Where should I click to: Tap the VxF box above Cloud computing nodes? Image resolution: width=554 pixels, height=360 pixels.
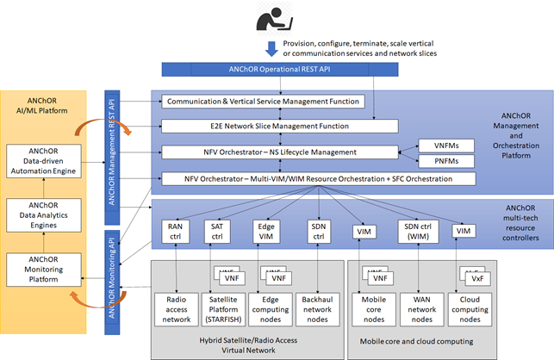point(476,278)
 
